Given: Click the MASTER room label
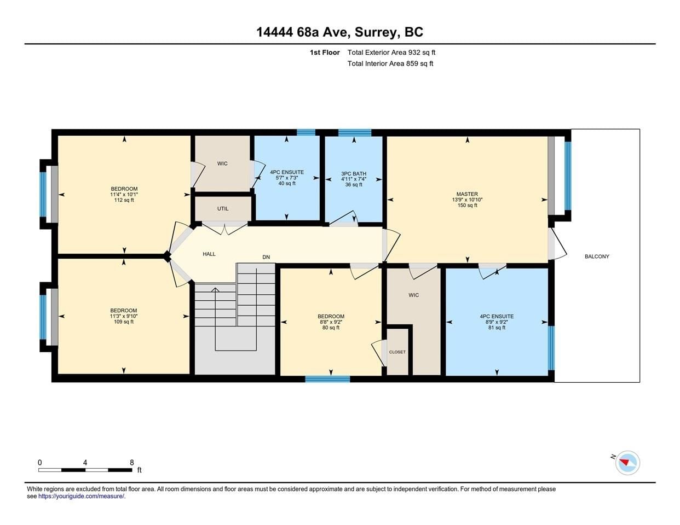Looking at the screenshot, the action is click(467, 194).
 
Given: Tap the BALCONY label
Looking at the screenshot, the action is click(597, 256).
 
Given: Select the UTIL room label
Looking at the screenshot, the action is click(223, 208).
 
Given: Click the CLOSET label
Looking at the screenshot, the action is click(397, 352).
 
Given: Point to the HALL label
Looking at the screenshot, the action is click(209, 254).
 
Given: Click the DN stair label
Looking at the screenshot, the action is click(266, 257).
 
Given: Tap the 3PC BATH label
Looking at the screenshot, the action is click(354, 174).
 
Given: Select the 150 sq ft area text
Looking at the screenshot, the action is click(467, 205).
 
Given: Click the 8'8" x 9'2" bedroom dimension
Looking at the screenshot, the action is click(331, 322).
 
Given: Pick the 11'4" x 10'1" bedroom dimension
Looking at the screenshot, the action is click(124, 194).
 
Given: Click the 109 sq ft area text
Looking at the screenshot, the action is click(124, 322).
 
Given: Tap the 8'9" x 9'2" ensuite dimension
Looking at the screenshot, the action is click(497, 322).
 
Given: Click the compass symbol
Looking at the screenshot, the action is click(627, 463).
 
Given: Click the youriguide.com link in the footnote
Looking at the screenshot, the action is click(82, 496).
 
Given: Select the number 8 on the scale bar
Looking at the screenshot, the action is click(132, 463).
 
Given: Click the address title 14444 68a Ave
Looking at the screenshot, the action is click(302, 32).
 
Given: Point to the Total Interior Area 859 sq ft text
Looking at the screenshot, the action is click(390, 63).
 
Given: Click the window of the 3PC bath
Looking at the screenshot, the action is click(355, 133).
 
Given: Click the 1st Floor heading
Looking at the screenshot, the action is click(325, 52).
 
